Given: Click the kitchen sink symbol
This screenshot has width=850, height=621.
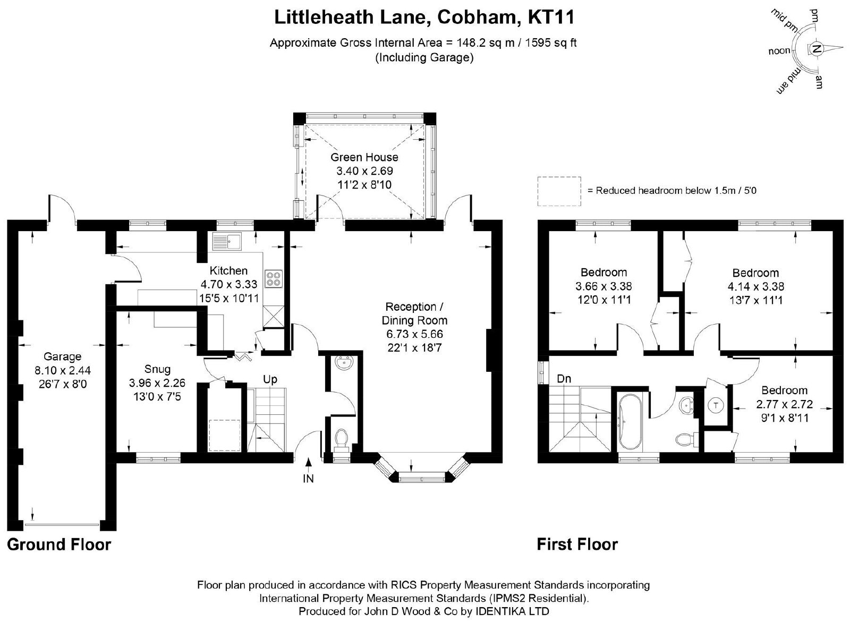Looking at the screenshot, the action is [227, 241].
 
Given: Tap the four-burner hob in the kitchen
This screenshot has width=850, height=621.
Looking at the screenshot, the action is [274, 279].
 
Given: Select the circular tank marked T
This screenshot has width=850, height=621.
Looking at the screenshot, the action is [716, 405].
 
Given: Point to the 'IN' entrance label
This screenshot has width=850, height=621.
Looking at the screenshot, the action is [309, 479].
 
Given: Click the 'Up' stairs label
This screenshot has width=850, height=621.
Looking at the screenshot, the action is [270, 379].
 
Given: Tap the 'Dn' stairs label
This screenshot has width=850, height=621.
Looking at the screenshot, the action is [564, 379].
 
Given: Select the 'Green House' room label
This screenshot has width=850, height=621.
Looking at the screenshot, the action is [364, 157].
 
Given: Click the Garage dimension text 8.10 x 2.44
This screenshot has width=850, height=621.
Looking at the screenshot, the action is [63, 370].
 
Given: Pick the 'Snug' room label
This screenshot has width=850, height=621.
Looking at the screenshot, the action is [157, 369].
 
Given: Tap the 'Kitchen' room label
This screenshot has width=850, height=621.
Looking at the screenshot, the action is [228, 270].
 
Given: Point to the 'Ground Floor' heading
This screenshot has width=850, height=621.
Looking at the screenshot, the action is [59, 545].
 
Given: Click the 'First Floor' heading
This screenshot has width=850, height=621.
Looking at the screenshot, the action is [577, 545].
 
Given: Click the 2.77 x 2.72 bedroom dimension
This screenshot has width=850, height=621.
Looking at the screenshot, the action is [784, 404].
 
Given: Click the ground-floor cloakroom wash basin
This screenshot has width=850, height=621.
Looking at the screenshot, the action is [345, 363].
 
